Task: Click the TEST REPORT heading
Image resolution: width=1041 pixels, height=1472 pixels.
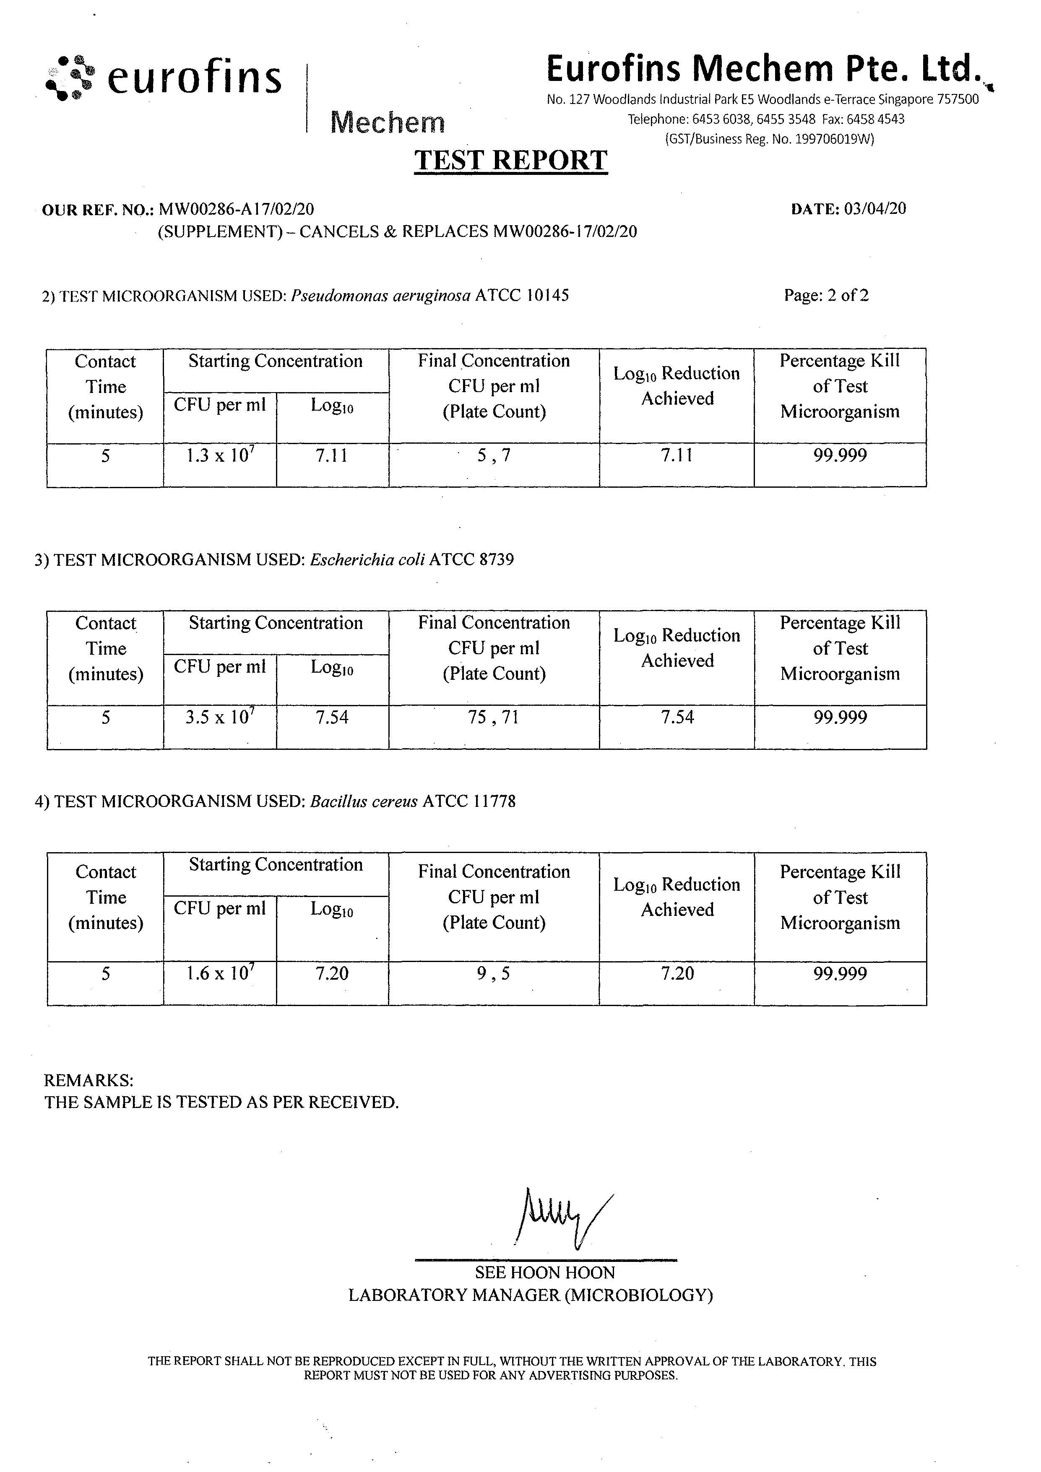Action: pos(510,160)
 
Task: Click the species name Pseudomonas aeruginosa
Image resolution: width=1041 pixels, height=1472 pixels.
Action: pos(381,296)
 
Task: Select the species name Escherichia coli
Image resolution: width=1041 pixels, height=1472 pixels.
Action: pos(367,560)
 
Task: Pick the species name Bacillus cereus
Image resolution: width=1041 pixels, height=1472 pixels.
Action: pos(364,801)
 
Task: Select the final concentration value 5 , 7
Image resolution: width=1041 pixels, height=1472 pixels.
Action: pos(494,456)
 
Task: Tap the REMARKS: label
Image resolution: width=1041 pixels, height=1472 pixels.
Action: pos(88,1080)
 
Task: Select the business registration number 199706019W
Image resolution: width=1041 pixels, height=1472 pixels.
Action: pos(833,139)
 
